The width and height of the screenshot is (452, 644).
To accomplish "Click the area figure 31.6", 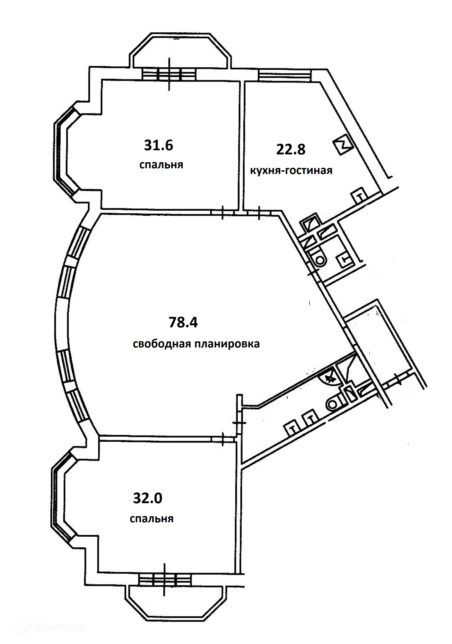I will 159,145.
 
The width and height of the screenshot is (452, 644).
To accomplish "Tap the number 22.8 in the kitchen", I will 291,149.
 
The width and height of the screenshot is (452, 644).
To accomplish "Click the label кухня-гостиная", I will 291,170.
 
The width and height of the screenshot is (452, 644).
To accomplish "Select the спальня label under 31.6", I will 161,165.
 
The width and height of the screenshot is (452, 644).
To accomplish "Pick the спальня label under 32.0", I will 152,519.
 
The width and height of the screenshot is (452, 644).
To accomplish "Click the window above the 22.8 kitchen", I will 284,75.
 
